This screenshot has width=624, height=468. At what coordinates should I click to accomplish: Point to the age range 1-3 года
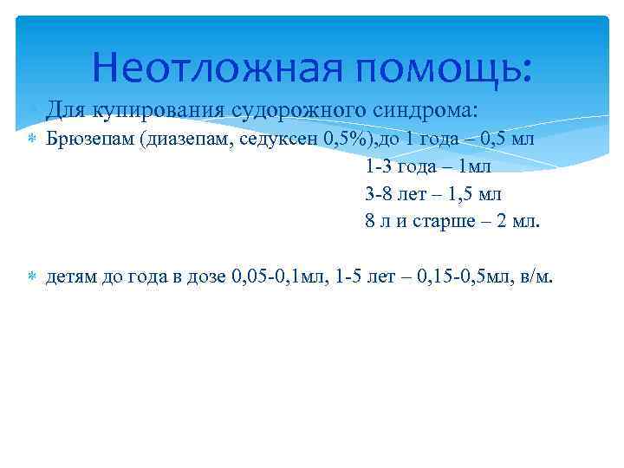[400, 166]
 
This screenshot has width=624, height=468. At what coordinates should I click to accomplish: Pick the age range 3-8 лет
[397, 193]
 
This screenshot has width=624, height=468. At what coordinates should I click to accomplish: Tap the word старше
[438, 221]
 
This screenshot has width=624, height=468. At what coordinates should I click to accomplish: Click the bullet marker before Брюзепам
[31, 139]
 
